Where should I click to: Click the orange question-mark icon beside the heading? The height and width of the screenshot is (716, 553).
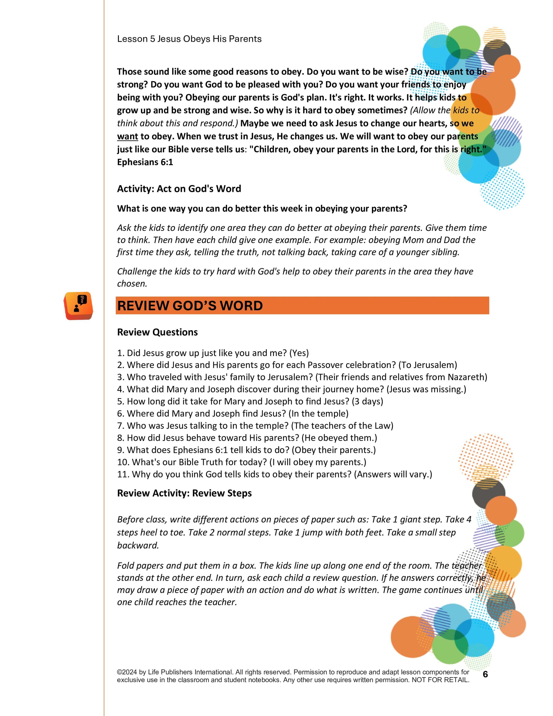coord(78,306)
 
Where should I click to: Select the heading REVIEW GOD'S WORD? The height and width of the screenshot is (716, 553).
coord(190,306)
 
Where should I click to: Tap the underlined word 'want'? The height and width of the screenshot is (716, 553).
coord(127,136)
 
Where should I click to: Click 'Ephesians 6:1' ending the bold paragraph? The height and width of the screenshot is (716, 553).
coord(145,162)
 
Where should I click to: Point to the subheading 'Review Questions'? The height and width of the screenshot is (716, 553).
coord(157,332)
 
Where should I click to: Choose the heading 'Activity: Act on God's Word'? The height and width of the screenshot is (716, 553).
coord(179,189)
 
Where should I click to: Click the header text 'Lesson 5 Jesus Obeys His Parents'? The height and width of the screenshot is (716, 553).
coord(189,39)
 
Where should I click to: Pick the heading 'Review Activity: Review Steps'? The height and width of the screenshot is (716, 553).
coord(184,493)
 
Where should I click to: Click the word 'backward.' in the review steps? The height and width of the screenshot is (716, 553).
coord(138,545)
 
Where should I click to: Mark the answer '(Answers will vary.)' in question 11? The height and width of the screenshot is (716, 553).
coord(393,474)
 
